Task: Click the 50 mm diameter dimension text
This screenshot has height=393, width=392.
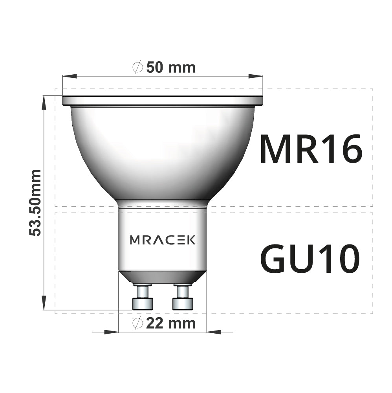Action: (164, 67)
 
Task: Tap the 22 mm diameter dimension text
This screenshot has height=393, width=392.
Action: (164, 323)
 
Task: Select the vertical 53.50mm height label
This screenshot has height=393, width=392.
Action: (36, 202)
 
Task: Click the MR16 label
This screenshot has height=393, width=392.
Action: (310, 150)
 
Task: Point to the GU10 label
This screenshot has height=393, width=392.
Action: (310, 259)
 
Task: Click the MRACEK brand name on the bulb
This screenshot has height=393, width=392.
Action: (163, 240)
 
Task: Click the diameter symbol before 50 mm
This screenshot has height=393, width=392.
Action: (137, 68)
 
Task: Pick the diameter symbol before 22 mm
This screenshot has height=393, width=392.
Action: (137, 324)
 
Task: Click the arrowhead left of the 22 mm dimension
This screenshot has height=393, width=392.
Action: (112, 332)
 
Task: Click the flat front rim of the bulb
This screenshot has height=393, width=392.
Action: (162, 101)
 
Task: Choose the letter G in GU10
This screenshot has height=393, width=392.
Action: (274, 259)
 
